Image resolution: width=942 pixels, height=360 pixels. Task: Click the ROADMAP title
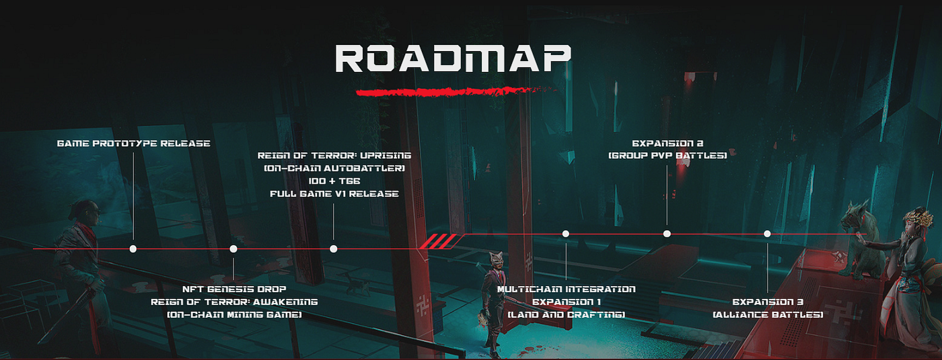click(x=453, y=59)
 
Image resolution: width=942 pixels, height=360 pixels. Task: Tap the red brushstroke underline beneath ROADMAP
click(x=441, y=90)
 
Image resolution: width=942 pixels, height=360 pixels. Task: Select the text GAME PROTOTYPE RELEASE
click(x=133, y=143)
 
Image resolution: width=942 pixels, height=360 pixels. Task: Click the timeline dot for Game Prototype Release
click(x=133, y=249)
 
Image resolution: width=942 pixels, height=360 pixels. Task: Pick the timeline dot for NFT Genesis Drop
click(x=233, y=249)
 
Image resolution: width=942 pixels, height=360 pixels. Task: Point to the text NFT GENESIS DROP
click(x=234, y=289)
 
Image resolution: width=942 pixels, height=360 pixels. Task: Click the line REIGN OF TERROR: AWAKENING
click(x=234, y=301)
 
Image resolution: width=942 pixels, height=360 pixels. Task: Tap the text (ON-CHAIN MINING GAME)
click(x=234, y=314)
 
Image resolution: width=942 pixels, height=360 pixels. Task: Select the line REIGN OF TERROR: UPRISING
click(x=334, y=155)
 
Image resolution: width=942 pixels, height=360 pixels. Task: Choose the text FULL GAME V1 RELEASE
click(x=334, y=194)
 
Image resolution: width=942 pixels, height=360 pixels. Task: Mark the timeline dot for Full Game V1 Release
click(x=334, y=249)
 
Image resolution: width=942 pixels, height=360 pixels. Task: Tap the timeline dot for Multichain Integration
click(x=566, y=233)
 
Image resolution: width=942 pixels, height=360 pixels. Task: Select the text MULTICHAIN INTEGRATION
click(x=566, y=289)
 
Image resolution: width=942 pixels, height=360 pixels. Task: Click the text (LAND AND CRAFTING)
click(x=566, y=314)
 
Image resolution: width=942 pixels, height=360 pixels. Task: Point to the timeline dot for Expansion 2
click(x=667, y=233)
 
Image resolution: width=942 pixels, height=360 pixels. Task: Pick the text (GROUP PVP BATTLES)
click(x=667, y=155)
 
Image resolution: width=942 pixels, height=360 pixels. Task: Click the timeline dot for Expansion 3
click(x=767, y=233)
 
